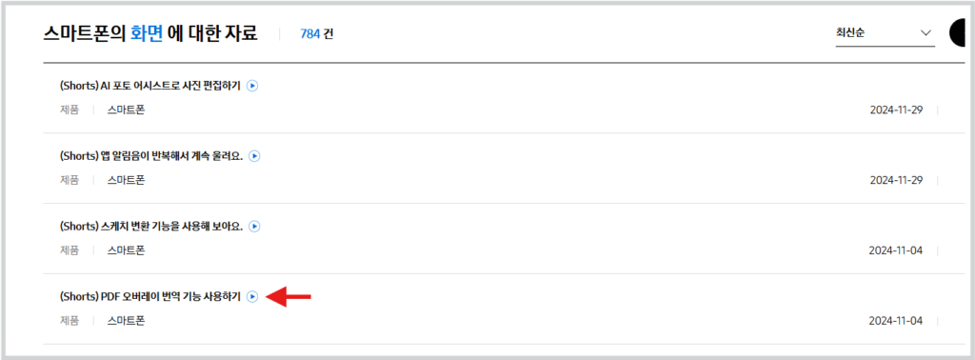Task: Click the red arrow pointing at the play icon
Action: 288,297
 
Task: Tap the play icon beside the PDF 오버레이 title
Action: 251,297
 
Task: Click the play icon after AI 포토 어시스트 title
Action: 251,87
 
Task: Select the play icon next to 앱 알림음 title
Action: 254,157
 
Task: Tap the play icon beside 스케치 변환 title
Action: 254,227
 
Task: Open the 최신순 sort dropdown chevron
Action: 925,33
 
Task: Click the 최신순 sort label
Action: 850,33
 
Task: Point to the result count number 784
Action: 309,34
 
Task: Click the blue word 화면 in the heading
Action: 148,33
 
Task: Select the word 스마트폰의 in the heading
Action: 85,33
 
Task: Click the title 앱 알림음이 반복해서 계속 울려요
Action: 151,157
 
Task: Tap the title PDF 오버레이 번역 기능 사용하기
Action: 149,297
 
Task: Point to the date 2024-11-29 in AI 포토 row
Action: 896,110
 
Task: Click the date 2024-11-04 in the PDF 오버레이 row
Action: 896,321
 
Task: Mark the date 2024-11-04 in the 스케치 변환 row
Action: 896,250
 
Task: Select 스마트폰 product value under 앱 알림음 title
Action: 126,180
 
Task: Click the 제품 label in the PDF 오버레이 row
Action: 70,321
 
